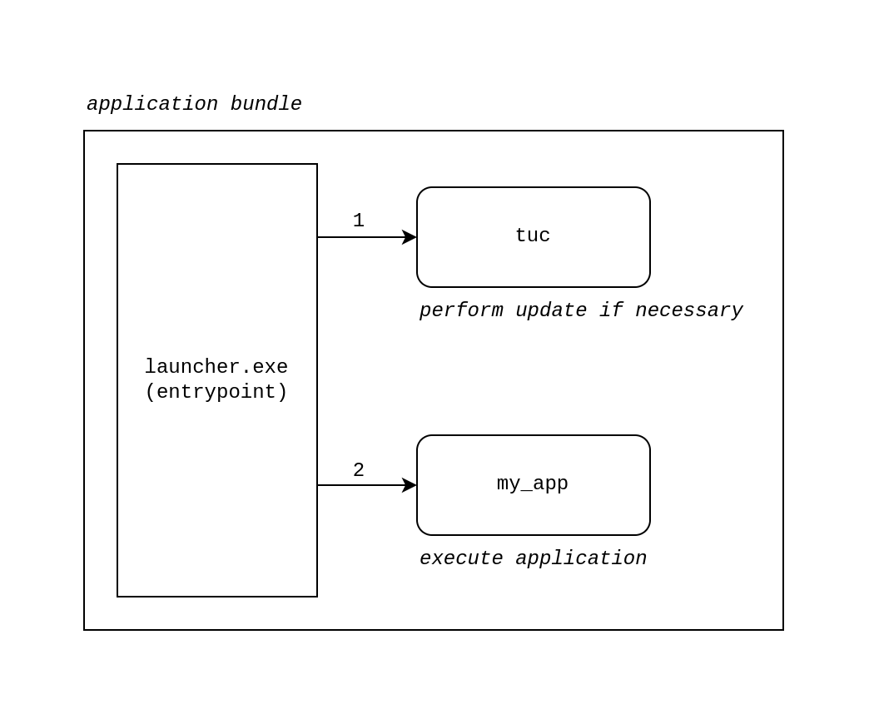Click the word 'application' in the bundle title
coord(151,105)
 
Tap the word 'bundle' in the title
coord(266,105)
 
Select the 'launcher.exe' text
coord(216,367)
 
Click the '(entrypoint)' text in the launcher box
coord(216,392)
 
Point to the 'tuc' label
coord(533,236)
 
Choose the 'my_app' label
coord(533,484)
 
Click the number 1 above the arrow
coord(359,221)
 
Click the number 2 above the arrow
coord(359,470)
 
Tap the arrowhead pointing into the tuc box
coord(410,237)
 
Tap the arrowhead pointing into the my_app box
coord(410,485)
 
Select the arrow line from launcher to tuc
coord(358,237)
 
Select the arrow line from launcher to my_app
coord(358,485)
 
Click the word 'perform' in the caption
coord(461,311)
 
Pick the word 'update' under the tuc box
coord(551,311)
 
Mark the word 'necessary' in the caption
coord(689,311)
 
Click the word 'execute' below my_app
coord(461,559)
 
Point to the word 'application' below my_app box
coord(581,559)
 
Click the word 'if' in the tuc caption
coord(611,311)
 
